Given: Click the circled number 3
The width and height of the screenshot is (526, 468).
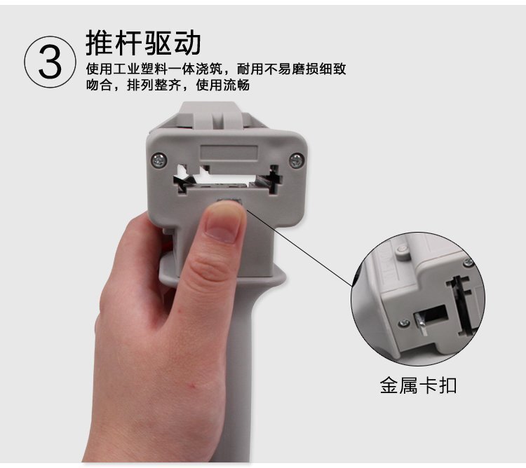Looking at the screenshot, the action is coord(50,62).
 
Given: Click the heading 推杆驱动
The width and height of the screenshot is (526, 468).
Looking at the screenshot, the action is coord(143,43).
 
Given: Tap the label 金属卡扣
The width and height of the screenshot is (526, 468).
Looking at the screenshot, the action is coord(418,385).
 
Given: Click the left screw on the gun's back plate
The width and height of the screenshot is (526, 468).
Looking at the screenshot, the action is coord(159,160).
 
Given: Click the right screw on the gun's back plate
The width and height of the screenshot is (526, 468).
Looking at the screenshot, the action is coord(297,160).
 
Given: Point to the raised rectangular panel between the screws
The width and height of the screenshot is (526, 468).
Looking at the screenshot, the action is coord(229,153).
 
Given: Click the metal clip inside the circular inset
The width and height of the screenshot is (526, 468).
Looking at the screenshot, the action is coord(421,323).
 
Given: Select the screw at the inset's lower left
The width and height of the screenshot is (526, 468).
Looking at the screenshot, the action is coord(404,323).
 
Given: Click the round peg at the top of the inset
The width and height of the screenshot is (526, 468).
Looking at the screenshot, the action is coord(403,251).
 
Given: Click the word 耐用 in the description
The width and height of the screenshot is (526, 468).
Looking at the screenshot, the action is coord(250,69).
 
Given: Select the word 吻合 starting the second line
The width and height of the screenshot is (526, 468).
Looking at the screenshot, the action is coord(99,85).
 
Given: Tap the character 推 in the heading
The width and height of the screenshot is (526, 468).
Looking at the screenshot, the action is coord(100,43).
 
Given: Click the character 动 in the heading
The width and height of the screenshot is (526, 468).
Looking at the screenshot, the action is coord(187,43).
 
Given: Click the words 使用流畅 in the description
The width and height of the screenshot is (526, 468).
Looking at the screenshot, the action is coord(223,85).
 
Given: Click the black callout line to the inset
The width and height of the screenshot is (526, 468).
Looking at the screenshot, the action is coord(299,247).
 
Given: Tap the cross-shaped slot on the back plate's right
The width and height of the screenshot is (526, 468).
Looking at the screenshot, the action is coord(275,179).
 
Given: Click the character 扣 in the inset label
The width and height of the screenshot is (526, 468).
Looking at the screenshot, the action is coord(448,385).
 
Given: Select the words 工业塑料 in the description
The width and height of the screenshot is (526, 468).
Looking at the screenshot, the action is coord(140,69).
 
